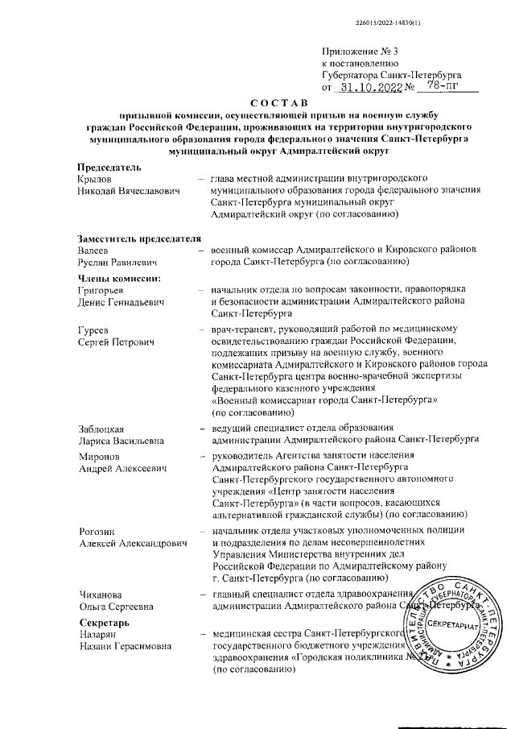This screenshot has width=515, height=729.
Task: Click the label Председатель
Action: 109,167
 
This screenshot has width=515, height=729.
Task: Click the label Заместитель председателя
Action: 138,238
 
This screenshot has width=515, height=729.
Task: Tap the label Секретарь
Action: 104,623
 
